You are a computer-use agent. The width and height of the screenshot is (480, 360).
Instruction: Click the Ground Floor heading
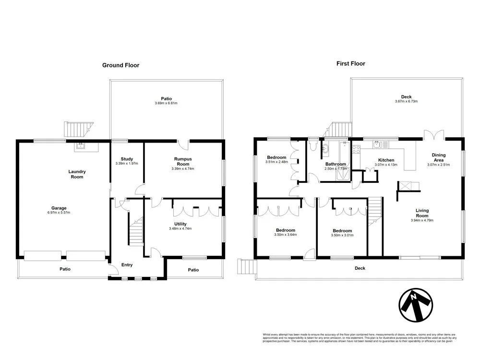click(120, 65)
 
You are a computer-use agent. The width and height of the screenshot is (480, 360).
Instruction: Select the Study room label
click(127, 159)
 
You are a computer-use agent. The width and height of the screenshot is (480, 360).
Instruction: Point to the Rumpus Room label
click(182, 161)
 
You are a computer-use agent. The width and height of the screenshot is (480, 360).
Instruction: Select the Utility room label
click(180, 224)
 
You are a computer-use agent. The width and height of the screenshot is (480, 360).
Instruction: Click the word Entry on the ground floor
click(127, 264)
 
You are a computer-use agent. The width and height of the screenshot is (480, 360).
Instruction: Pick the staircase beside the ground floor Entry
click(136, 231)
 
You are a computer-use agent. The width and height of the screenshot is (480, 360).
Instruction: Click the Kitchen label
click(386, 160)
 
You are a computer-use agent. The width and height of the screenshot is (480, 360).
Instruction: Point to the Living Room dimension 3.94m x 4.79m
click(422, 221)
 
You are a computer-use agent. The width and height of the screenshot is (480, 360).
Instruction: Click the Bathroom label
click(336, 164)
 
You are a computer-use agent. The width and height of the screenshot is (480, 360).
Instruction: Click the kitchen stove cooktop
click(357, 149)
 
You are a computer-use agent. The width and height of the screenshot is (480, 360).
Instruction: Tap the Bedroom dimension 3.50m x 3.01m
click(342, 235)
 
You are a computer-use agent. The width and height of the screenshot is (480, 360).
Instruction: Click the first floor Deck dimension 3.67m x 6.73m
click(407, 101)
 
